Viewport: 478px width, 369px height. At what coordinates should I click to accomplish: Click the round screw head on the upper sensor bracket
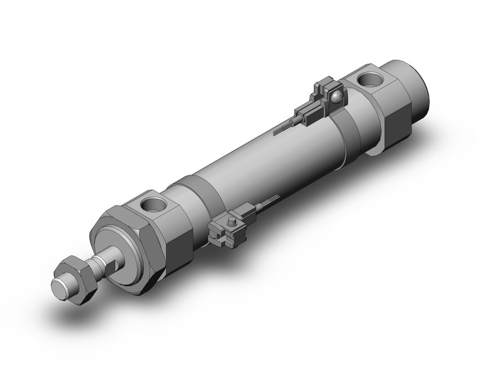tap(338, 96)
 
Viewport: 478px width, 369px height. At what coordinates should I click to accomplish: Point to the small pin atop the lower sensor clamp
tap(231, 221)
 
